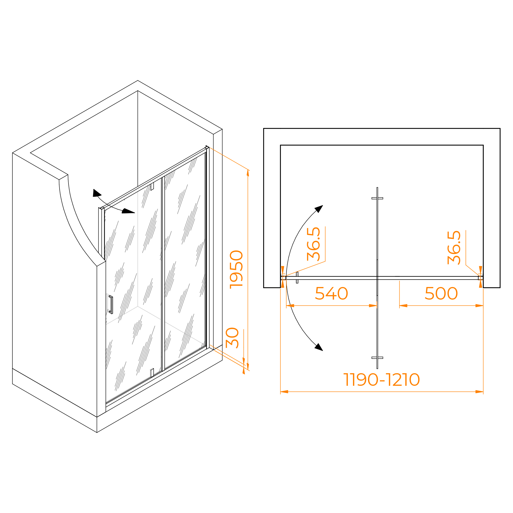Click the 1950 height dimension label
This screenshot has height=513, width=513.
pyautogui.click(x=236, y=270)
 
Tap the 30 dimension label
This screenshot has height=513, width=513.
pyautogui.click(x=232, y=338)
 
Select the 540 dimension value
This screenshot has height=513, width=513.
pyautogui.click(x=331, y=293)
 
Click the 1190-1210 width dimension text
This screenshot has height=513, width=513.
pyautogui.click(x=382, y=379)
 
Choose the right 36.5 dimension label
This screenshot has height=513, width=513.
pyautogui.click(x=454, y=248)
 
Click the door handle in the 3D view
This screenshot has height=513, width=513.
pyautogui.click(x=111, y=305)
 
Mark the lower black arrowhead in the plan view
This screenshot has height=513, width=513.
pyautogui.click(x=319, y=347)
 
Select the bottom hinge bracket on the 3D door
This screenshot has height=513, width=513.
pyautogui.click(x=152, y=372)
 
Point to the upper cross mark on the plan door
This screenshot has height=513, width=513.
pyautogui.click(x=377, y=198)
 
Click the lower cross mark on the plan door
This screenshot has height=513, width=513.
pyautogui.click(x=377, y=358)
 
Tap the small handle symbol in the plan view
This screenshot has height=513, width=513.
pyautogui.click(x=297, y=278)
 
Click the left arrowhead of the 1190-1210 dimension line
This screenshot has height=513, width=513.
pyautogui.click(x=284, y=392)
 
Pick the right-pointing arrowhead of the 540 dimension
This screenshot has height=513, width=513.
pyautogui.click(x=373, y=306)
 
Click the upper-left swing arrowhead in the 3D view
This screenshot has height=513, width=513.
pyautogui.click(x=97, y=193)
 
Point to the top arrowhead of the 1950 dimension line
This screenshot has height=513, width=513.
pyautogui.click(x=248, y=173)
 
